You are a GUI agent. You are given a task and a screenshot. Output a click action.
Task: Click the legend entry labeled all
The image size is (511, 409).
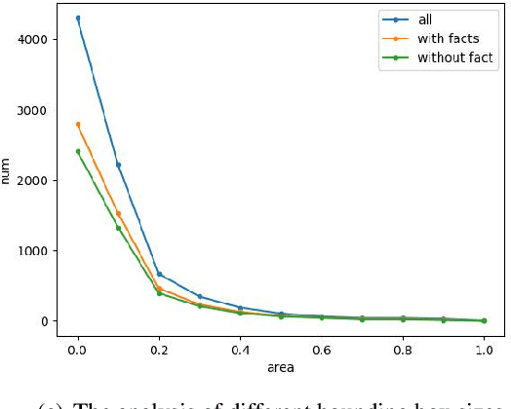pyautogui.click(x=424, y=19)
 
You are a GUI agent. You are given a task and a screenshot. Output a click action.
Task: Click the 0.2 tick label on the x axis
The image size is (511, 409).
pyautogui.click(x=159, y=347)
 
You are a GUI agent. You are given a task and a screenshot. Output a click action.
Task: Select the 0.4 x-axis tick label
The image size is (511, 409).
pyautogui.click(x=240, y=347)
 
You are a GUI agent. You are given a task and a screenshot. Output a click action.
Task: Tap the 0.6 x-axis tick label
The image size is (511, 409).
pyautogui.click(x=321, y=347)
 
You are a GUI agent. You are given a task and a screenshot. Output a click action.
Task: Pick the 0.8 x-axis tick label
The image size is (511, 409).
pyautogui.click(x=402, y=347)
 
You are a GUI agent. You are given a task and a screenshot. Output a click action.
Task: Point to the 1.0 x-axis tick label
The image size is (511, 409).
pyautogui.click(x=483, y=347)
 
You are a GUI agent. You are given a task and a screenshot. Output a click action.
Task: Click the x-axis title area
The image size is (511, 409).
pyautogui.click(x=281, y=367)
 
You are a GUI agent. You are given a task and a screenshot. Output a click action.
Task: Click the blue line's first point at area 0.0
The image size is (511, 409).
pyautogui.click(x=78, y=18)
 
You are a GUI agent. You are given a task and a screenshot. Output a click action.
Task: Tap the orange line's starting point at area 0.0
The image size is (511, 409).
pyautogui.click(x=78, y=125)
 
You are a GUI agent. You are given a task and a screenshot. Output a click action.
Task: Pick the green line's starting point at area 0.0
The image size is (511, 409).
pyautogui.click(x=78, y=151)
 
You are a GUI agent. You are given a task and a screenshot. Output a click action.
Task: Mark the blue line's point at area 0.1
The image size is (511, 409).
pyautogui.click(x=118, y=165)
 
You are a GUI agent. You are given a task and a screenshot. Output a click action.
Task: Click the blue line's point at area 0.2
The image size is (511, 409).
pyautogui.click(x=159, y=274)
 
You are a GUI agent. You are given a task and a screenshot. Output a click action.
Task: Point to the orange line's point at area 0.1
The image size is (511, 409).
pyautogui.click(x=118, y=214)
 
